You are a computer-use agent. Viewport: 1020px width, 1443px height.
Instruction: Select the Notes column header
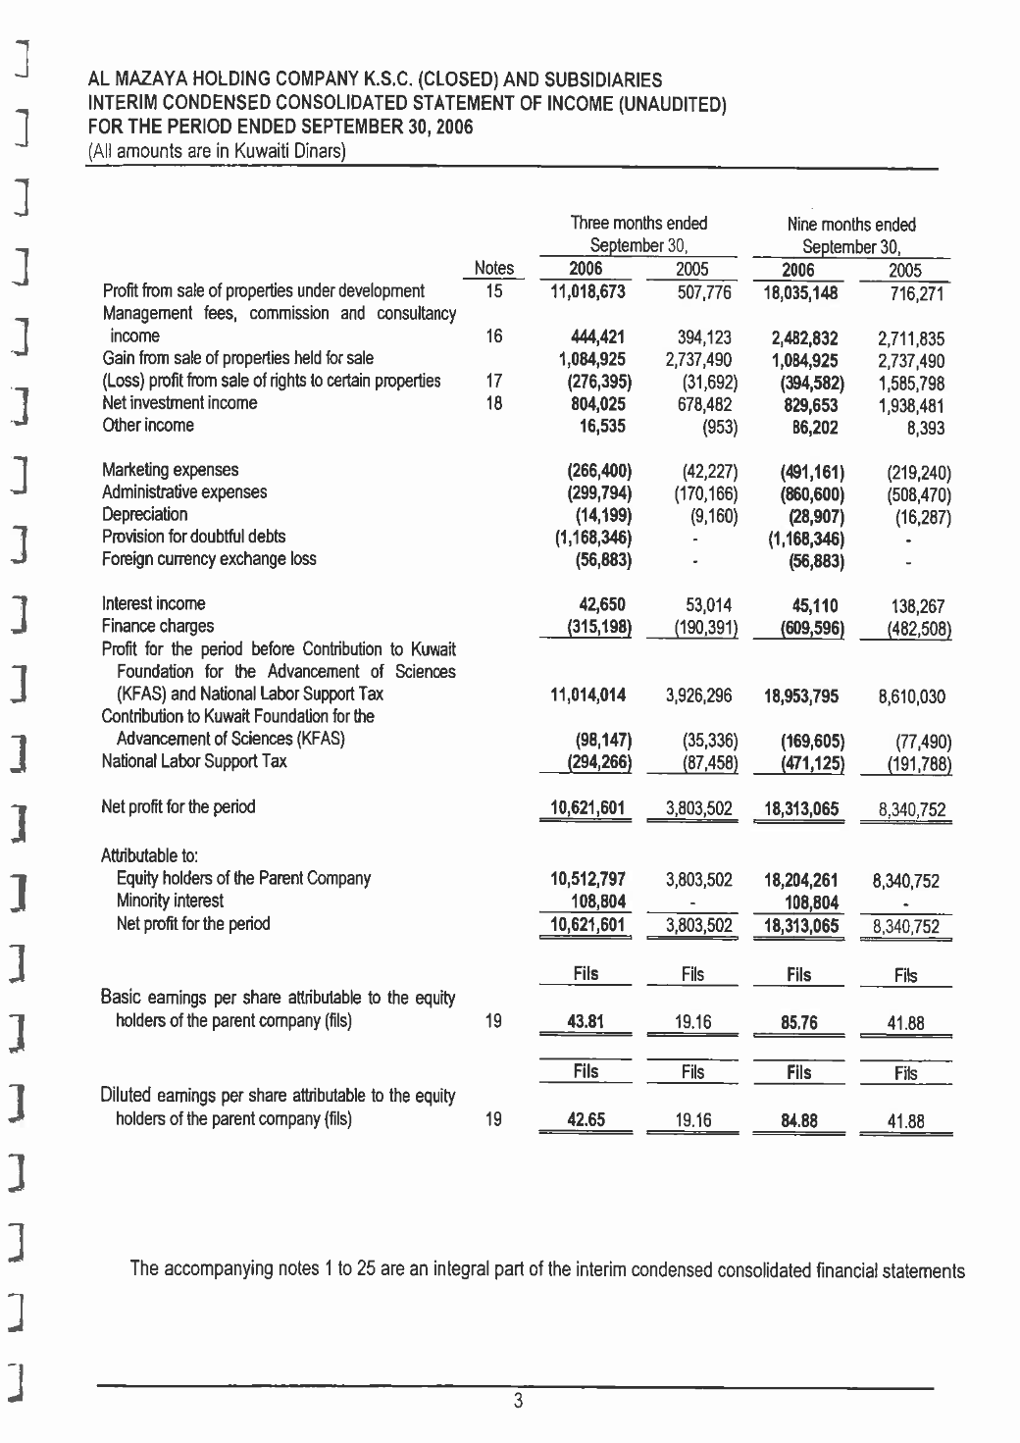click(x=493, y=268)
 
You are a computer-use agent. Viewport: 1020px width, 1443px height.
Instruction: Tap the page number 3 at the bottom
click(x=518, y=1402)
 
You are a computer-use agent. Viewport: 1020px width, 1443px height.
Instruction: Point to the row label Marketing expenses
click(x=170, y=470)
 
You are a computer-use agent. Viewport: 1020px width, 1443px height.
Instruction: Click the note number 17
click(x=493, y=381)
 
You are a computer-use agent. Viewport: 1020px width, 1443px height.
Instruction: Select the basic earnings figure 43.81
click(x=586, y=1022)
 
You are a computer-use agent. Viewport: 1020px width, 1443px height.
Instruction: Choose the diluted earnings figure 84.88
click(x=799, y=1120)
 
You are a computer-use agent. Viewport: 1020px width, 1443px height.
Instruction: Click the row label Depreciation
click(x=144, y=514)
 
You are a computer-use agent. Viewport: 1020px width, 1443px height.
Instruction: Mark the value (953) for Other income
click(x=719, y=427)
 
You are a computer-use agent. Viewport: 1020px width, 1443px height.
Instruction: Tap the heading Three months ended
click(x=638, y=223)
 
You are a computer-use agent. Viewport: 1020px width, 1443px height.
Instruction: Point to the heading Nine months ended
click(x=851, y=225)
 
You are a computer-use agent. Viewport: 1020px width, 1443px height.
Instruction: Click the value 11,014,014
click(x=587, y=696)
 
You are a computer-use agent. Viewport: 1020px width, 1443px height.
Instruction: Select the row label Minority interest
click(x=170, y=901)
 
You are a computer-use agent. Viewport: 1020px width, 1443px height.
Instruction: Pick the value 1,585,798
click(x=911, y=383)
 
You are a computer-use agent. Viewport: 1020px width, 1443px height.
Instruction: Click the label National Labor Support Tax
click(x=194, y=761)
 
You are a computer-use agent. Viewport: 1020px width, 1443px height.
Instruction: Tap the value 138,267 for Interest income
click(x=918, y=607)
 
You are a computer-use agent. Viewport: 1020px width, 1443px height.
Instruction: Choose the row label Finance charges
click(x=157, y=626)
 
